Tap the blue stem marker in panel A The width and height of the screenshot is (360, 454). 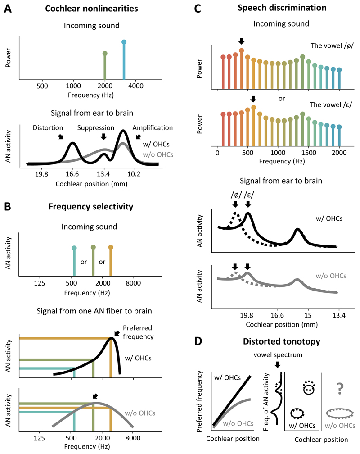(124, 42)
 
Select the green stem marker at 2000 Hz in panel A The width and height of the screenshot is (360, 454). (105, 54)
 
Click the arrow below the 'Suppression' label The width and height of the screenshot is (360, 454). (104, 136)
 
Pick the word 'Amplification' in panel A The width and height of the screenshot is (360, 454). (152, 128)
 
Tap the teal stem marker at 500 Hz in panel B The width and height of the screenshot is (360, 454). (74, 248)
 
